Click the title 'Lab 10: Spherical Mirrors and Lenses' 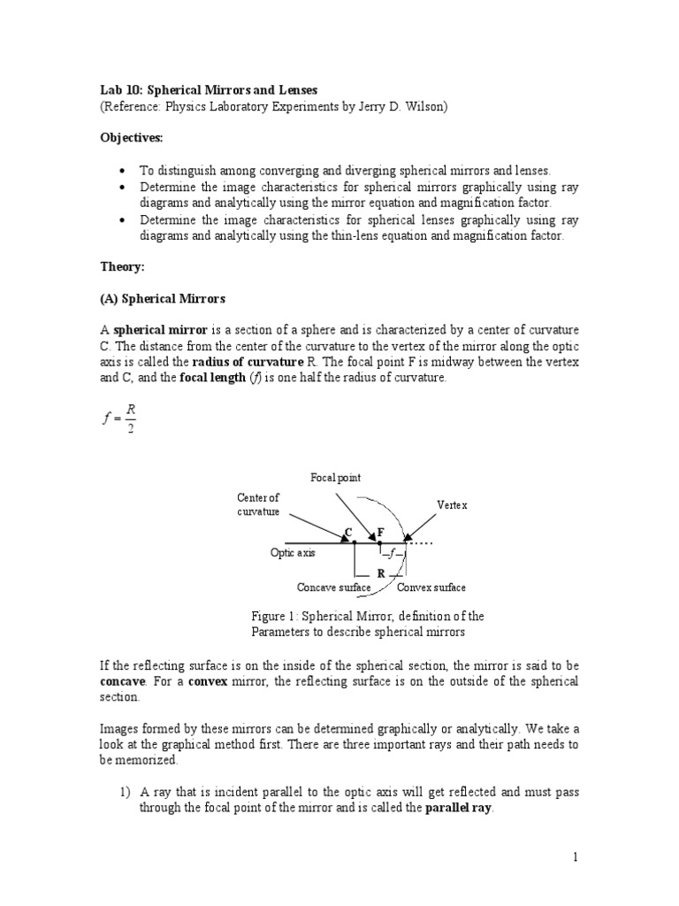[x=208, y=90]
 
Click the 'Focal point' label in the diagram [x=335, y=479]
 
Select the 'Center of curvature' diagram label [x=257, y=505]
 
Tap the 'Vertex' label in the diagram [x=451, y=504]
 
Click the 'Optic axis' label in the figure [x=293, y=552]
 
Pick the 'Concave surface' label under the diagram [x=333, y=587]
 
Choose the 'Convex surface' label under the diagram [x=431, y=587]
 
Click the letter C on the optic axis [x=348, y=532]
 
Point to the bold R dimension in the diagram [x=380, y=573]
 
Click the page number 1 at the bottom [x=574, y=857]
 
